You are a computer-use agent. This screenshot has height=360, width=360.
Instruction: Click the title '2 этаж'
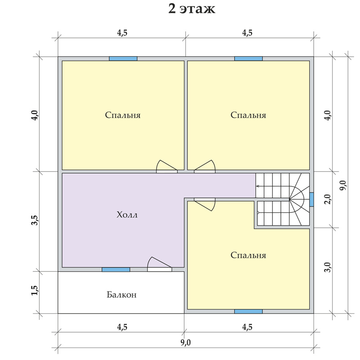(x=192, y=9)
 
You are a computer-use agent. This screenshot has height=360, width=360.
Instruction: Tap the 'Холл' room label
(x=127, y=215)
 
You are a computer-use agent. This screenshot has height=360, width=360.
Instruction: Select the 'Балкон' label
(x=121, y=295)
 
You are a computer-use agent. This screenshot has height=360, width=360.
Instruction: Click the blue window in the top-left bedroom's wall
(x=123, y=58)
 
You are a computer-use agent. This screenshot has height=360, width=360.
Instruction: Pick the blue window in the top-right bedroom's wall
(x=248, y=58)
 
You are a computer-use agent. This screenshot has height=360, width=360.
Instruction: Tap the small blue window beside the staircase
(x=311, y=199)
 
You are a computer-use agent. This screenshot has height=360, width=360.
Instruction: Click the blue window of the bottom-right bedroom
(x=248, y=311)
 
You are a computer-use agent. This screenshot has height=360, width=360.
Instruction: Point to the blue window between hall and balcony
(x=116, y=270)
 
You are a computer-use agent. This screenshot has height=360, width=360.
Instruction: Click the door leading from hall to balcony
(x=159, y=265)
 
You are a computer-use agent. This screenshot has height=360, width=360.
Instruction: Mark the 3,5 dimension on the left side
(x=35, y=220)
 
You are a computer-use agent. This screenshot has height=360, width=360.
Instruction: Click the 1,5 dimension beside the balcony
(x=35, y=290)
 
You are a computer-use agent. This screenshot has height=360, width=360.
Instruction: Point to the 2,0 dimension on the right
(x=328, y=199)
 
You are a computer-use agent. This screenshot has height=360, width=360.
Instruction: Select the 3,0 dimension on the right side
(x=328, y=267)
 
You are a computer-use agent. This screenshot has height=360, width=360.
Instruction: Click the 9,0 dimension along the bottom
(x=185, y=342)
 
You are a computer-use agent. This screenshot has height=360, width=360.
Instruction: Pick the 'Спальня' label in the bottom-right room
(x=248, y=255)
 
